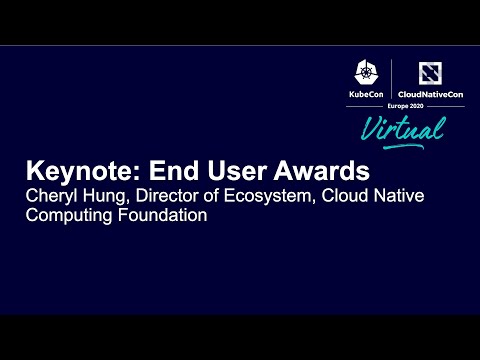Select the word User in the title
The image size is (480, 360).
click(241, 170)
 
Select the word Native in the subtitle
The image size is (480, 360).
click(399, 195)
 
